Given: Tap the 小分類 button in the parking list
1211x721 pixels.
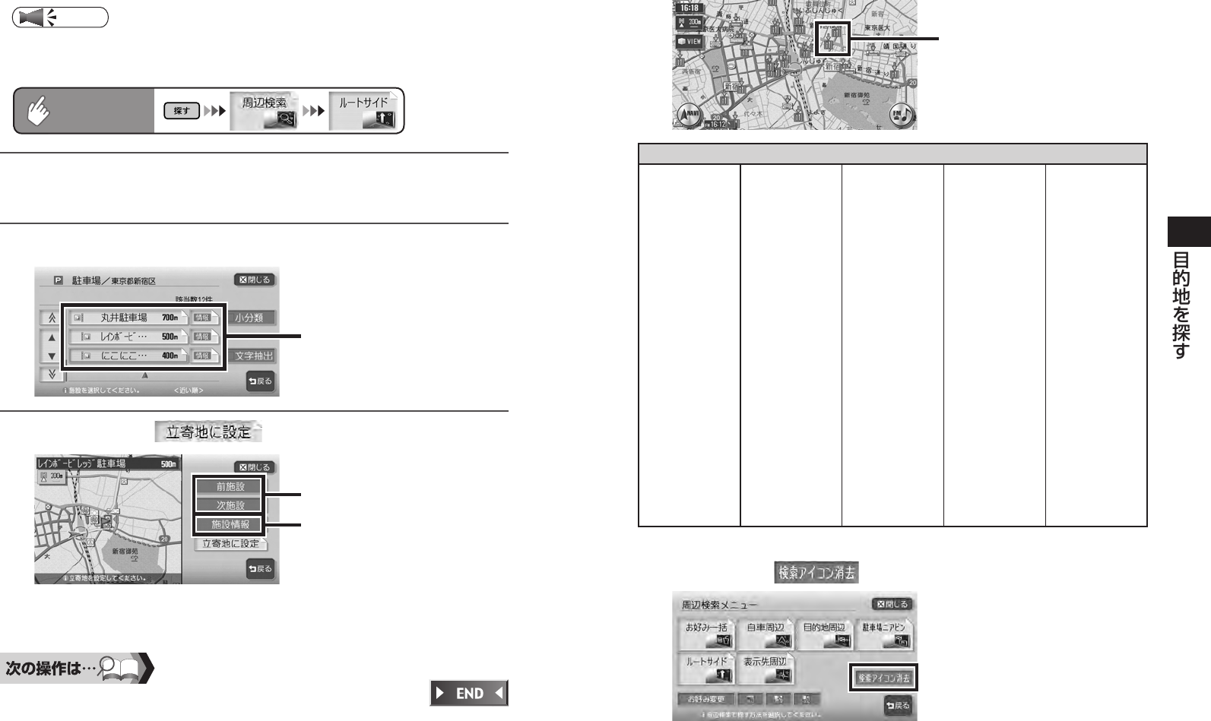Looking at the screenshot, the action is point(253,318).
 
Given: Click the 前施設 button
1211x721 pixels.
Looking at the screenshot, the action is point(230,486).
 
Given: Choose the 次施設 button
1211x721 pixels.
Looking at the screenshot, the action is point(230,505).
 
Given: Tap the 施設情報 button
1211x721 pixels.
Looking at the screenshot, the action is point(230,524).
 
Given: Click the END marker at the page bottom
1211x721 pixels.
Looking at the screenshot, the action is point(468,693).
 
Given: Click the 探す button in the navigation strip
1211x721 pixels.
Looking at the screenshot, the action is point(182,111).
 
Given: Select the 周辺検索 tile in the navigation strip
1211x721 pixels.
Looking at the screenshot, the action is point(265,111).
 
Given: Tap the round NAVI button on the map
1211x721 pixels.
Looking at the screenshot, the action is point(689,115).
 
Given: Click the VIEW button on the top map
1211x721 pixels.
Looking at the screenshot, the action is point(690,41).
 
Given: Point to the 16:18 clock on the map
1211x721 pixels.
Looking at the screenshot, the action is point(690,8).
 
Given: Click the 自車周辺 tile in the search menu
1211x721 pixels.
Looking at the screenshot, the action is point(766,634).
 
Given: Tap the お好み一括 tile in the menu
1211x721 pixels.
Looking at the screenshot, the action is point(707,634).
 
